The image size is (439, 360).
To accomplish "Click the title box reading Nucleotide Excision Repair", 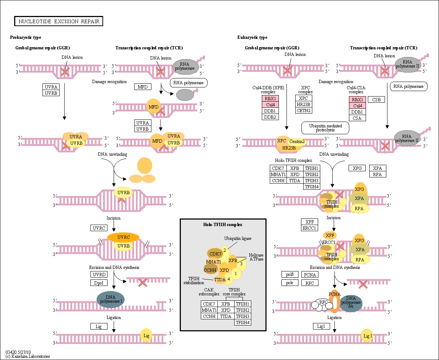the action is tap(58, 21).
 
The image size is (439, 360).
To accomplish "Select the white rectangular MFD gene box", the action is tap(143, 87).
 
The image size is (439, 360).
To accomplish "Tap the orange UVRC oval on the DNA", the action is tap(123, 237).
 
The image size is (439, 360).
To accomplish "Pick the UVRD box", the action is tap(99, 274).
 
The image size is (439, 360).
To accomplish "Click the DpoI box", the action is tap(99, 283).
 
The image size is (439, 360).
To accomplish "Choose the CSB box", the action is tap(376, 99).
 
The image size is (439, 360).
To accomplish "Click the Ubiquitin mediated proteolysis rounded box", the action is tap(325, 128).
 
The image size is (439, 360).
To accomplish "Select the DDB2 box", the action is tap(270, 117).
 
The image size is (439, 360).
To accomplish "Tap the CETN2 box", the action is tap(304, 110).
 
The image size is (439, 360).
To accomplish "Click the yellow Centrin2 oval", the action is tap(297, 142).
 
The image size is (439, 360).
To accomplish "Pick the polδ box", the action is tap(290, 274).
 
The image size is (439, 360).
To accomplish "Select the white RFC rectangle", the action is tap(310, 283).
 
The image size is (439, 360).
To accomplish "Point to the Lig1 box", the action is tap(321, 326).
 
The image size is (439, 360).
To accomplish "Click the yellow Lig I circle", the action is tap(367, 335).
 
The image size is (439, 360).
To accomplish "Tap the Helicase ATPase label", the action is tap(256, 257).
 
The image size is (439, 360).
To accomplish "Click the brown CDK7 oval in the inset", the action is tap(215, 254).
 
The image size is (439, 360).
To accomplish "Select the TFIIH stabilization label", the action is tap(194, 281).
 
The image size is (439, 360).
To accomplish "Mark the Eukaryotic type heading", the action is tap(252, 37).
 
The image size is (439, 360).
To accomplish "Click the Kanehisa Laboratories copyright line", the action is tap(28, 356).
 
